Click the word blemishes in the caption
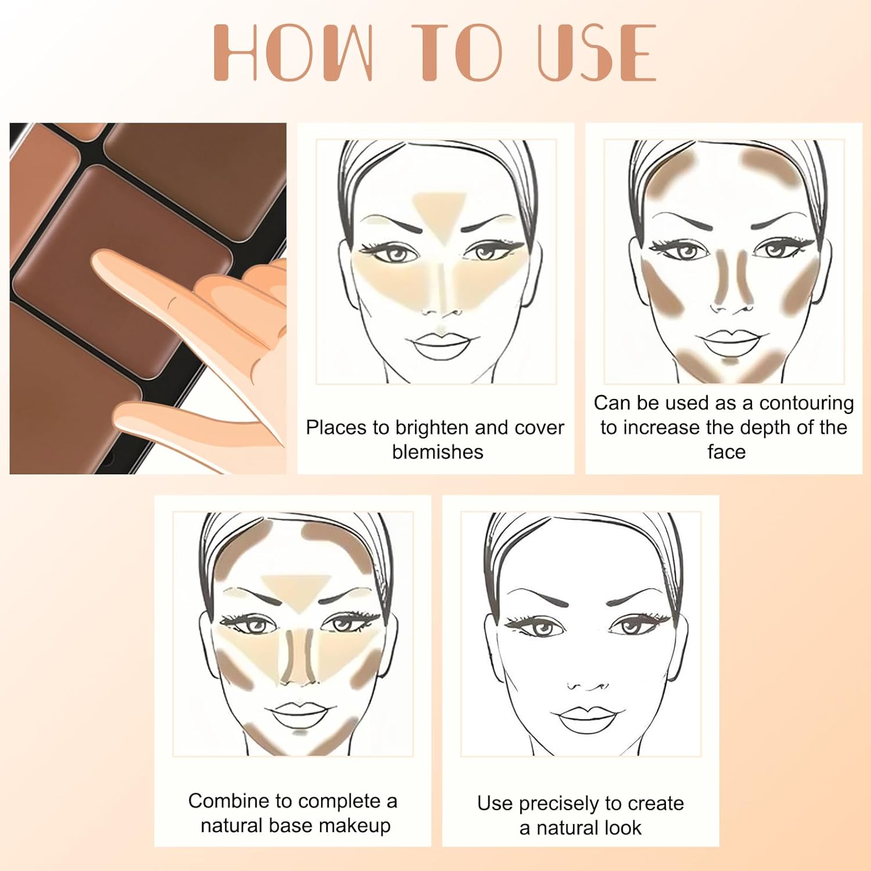[437, 452]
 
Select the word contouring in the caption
[806, 403]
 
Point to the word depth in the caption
[756, 427]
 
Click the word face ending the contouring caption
[726, 452]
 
